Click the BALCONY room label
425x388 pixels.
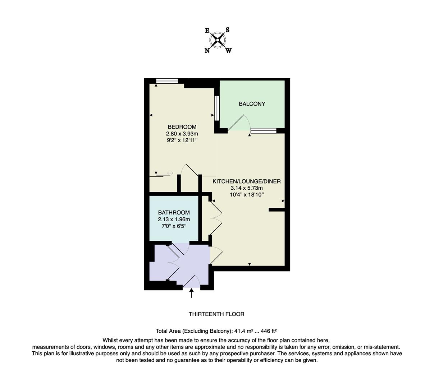coord(252,104)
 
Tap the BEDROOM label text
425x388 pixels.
coord(182,127)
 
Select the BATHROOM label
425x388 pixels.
coord(174,212)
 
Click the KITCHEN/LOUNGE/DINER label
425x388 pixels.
coord(247,181)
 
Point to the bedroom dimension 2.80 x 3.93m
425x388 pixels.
coord(182,134)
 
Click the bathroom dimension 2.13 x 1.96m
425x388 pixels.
coord(174,219)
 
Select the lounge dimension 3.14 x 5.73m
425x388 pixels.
coord(247,188)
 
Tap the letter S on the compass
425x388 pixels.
coord(228,30)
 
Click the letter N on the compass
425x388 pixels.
coord(207,51)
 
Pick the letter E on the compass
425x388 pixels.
coord(207,31)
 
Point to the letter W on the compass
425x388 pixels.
coord(228,51)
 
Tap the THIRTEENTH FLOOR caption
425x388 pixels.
coord(216,314)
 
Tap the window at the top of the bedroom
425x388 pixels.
coord(167,82)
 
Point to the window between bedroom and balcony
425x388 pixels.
coord(217,108)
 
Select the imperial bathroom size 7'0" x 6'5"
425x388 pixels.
coord(174,226)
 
